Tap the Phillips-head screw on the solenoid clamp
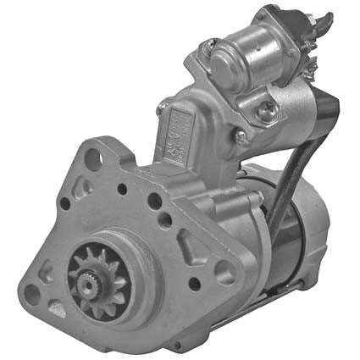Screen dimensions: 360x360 266,108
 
